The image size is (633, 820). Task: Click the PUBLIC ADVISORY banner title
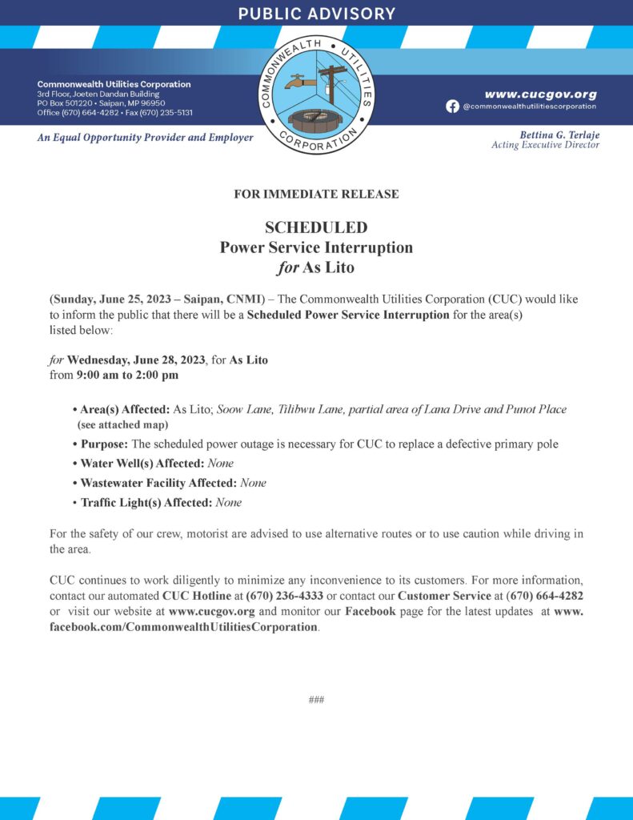[x=316, y=14]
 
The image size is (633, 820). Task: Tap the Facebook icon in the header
[x=453, y=107]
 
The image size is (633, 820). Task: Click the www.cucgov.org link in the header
[x=540, y=94]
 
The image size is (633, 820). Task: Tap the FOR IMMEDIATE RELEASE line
[x=316, y=194]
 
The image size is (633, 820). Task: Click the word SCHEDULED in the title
[x=316, y=227]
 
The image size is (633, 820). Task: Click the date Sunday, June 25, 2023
[x=116, y=299]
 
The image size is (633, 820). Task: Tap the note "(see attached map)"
[x=122, y=424]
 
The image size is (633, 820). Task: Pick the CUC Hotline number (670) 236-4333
[x=288, y=596]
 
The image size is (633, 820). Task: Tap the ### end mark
[x=316, y=700]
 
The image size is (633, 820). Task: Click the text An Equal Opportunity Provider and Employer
[x=145, y=138]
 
